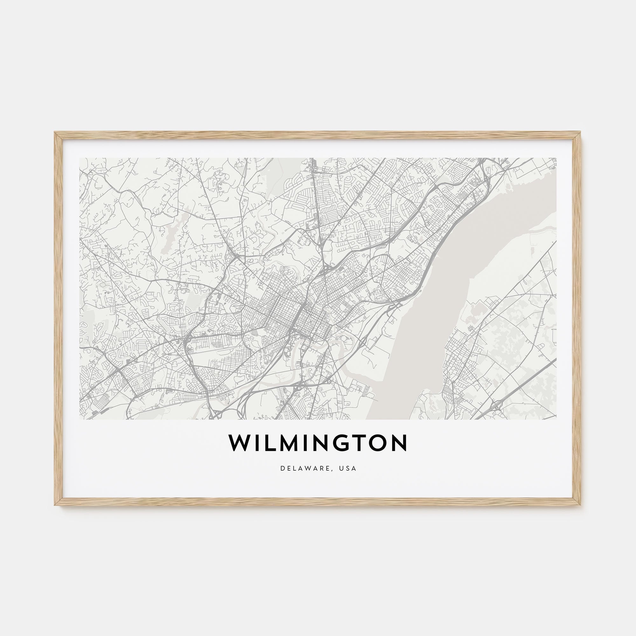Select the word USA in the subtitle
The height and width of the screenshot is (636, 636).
coord(349,468)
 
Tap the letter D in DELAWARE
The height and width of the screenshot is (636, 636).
coord(282,468)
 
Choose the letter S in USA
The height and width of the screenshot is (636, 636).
coord(349,468)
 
